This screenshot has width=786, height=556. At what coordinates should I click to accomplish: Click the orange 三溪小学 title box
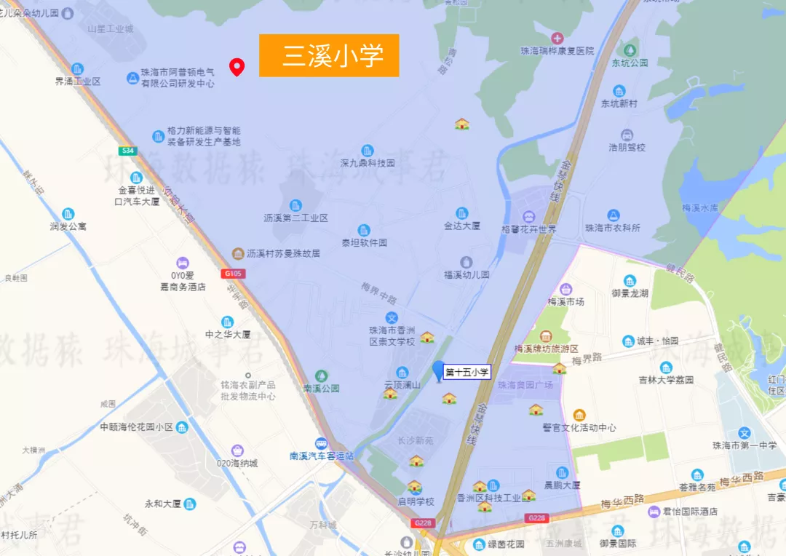click(329, 55)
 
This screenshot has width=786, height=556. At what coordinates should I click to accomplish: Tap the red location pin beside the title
click(237, 67)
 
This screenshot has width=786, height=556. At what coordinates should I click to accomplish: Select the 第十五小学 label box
click(467, 372)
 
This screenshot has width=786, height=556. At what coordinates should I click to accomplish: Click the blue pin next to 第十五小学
click(438, 370)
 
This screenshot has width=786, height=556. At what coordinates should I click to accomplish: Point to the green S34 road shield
click(128, 151)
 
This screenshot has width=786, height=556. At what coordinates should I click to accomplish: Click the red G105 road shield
click(234, 274)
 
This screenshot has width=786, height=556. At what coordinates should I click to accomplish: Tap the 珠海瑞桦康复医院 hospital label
click(557, 51)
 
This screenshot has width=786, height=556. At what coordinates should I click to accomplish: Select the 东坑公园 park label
click(630, 63)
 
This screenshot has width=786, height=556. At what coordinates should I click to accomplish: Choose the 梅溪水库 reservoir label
click(700, 207)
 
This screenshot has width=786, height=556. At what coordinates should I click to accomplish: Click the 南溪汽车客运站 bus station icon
click(321, 443)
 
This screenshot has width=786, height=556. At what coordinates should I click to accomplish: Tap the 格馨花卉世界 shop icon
click(528, 216)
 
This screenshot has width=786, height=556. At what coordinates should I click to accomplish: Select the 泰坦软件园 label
click(364, 242)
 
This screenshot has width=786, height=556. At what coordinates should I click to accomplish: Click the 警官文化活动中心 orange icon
click(579, 415)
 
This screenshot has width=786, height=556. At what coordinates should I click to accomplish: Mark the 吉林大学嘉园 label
click(666, 379)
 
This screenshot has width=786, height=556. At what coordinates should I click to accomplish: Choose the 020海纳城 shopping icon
click(237, 451)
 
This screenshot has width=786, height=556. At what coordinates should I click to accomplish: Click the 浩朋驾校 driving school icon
click(627, 135)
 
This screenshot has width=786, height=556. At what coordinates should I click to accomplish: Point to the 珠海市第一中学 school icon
click(744, 433)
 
